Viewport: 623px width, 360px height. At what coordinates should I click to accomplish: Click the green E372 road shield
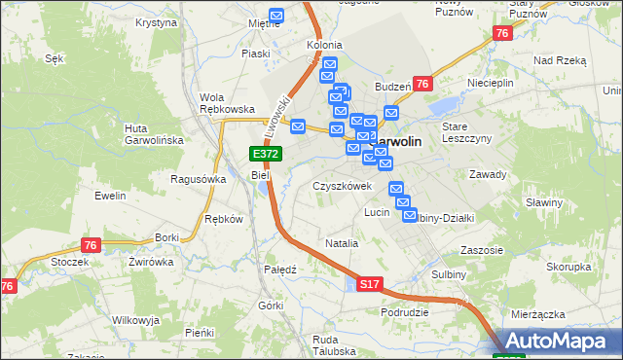[x=265, y=154]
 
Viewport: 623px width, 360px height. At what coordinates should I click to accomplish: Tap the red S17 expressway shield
[x=368, y=285]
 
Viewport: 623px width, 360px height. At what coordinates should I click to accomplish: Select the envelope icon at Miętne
[x=276, y=17]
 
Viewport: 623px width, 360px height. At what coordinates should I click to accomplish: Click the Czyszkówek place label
[x=343, y=186]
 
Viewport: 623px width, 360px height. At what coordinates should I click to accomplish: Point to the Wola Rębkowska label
[x=227, y=103]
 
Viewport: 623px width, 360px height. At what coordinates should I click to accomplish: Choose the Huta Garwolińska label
[x=155, y=134]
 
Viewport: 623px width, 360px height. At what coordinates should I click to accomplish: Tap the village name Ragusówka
[x=199, y=179]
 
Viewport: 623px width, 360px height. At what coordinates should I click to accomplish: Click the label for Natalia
[x=343, y=243]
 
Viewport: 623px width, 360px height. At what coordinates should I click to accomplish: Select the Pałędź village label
[x=280, y=269]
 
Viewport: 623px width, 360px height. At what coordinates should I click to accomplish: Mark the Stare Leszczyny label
[x=462, y=133]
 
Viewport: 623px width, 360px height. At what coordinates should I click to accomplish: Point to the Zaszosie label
[x=482, y=250]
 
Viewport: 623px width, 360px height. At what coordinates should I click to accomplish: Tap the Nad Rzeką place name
[x=560, y=60]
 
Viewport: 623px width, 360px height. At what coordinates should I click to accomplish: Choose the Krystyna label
[x=156, y=21]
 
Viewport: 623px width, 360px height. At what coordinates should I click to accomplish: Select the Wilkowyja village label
[x=135, y=320]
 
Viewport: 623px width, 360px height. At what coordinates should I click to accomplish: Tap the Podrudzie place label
[x=406, y=312]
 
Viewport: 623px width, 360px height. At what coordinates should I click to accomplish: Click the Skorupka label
[x=568, y=267]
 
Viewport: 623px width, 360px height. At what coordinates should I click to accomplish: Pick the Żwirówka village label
[x=150, y=262]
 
